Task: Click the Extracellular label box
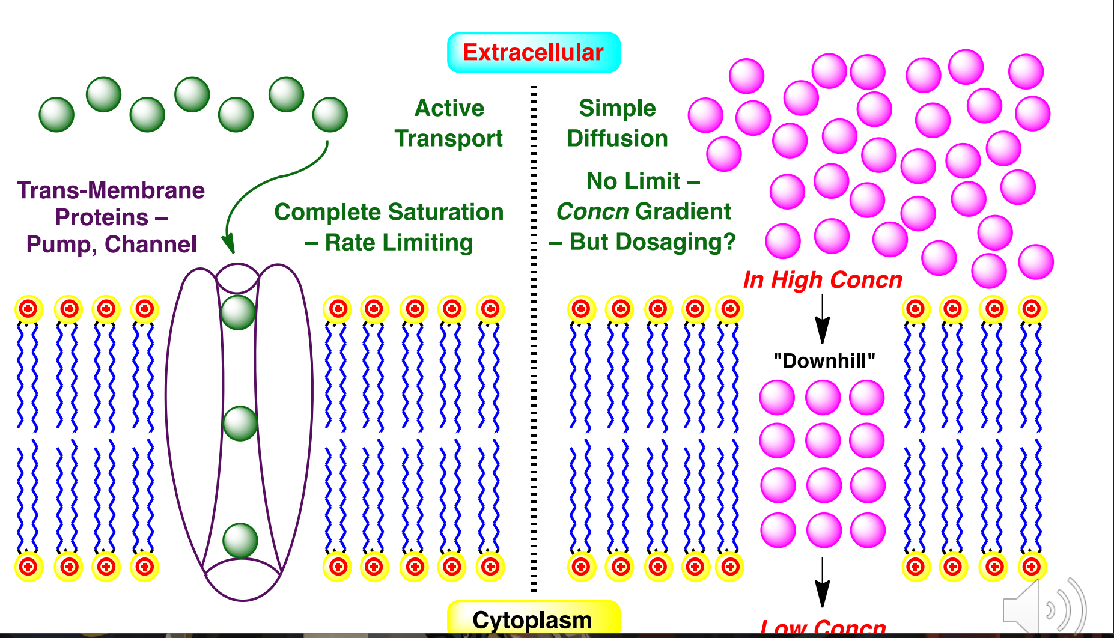534,53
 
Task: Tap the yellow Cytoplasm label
532,619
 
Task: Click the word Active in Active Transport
449,108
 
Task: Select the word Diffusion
617,138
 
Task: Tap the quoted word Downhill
824,361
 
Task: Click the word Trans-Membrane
111,190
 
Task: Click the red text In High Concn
823,280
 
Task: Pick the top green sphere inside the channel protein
239,312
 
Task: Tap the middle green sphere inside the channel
240,424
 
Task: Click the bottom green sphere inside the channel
240,540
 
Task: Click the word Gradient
683,211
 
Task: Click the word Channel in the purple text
150,245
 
